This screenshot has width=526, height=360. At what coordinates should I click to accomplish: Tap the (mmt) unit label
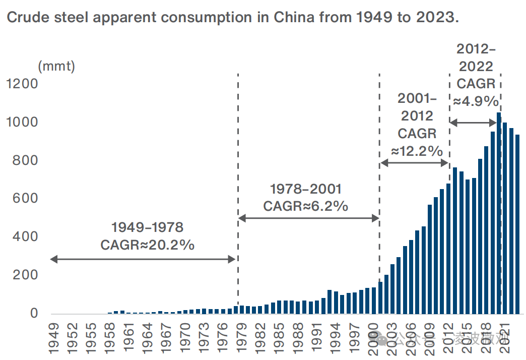click(x=56, y=66)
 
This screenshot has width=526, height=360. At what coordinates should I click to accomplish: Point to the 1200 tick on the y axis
click(x=22, y=84)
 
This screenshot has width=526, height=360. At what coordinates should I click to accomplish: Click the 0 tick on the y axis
click(x=34, y=314)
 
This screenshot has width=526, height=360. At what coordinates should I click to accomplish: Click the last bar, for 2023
click(x=517, y=224)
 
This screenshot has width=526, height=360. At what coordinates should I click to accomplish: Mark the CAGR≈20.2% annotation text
click(x=148, y=245)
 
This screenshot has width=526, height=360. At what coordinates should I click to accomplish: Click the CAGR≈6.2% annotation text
click(x=306, y=206)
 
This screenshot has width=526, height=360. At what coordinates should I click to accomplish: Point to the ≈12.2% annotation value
click(x=417, y=151)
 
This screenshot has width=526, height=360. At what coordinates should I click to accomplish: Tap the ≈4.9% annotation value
click(x=476, y=101)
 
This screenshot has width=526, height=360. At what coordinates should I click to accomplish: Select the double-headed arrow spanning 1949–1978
click(x=143, y=259)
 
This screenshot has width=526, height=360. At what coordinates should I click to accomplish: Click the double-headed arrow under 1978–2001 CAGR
click(x=308, y=218)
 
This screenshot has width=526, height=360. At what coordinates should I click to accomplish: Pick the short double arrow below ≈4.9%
click(x=473, y=123)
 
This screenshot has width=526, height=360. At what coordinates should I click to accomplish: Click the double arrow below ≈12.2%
click(x=414, y=162)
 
